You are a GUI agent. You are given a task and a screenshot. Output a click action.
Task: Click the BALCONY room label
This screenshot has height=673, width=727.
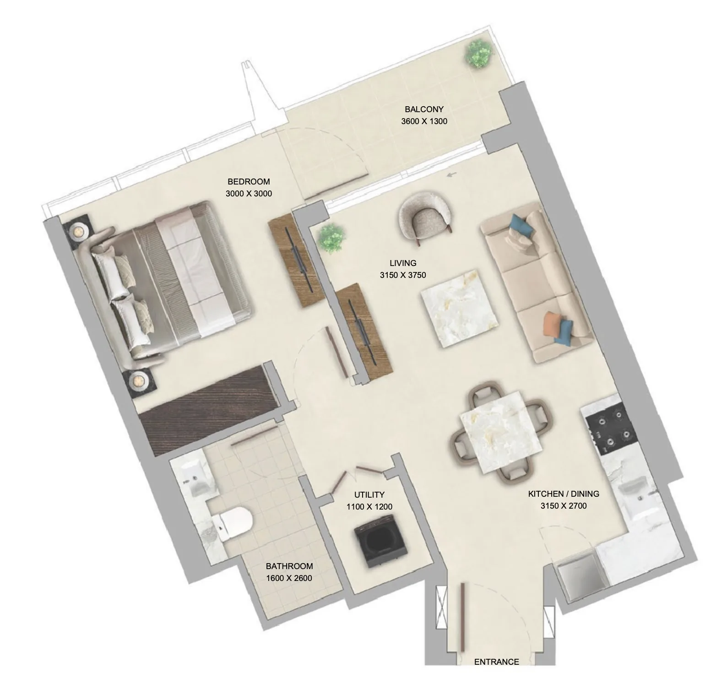(x=424, y=109)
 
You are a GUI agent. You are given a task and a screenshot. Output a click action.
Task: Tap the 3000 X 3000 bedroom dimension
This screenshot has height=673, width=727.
(x=249, y=194)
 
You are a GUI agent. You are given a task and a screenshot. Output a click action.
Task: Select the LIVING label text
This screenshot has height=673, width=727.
(x=403, y=263)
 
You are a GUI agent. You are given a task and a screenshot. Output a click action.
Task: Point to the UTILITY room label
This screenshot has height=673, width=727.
(x=369, y=495)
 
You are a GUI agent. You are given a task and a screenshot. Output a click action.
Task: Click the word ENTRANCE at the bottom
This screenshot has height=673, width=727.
(x=496, y=662)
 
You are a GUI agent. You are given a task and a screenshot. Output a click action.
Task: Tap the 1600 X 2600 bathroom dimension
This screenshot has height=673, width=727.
(x=289, y=578)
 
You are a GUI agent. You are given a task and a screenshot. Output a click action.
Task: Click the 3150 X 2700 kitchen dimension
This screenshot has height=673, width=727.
(x=564, y=506)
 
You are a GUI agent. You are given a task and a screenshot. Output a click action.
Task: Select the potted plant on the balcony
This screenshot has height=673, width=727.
(x=479, y=54)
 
